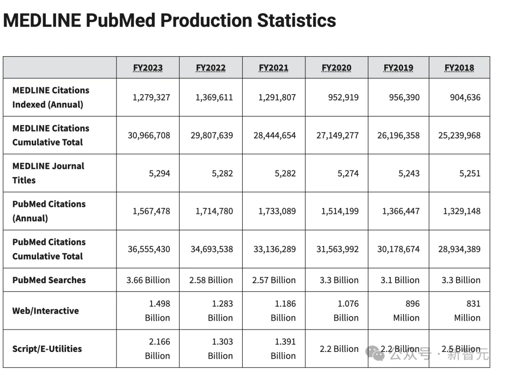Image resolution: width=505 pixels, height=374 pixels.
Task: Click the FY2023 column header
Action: (x=148, y=68)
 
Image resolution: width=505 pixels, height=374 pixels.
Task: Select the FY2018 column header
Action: (x=459, y=68)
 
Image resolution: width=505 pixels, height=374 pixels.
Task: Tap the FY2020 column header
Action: (x=337, y=68)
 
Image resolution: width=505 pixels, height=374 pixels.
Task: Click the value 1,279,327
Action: (x=151, y=97)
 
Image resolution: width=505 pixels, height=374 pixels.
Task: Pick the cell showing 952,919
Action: (x=344, y=97)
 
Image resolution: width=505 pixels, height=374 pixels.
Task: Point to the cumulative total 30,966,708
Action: (x=149, y=135)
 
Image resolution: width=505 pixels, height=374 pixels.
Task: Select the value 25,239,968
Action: (x=459, y=135)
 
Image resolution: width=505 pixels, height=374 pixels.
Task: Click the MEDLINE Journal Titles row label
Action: (x=48, y=173)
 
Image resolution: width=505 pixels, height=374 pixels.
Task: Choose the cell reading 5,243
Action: (x=409, y=173)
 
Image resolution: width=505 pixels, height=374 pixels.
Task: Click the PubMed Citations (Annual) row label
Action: (x=49, y=211)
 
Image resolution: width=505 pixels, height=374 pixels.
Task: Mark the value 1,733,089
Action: (x=277, y=211)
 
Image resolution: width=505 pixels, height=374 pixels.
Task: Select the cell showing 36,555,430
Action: (x=149, y=249)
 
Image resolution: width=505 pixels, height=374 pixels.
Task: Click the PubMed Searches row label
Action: (x=49, y=280)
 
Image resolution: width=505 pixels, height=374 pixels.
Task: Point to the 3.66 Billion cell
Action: (x=148, y=280)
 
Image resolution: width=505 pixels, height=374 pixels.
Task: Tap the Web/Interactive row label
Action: (x=45, y=310)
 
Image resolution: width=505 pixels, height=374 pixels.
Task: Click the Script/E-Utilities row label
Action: (x=47, y=348)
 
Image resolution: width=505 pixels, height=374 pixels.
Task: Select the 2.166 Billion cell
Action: (x=158, y=348)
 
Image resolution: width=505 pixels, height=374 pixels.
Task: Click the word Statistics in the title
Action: (x=296, y=20)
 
